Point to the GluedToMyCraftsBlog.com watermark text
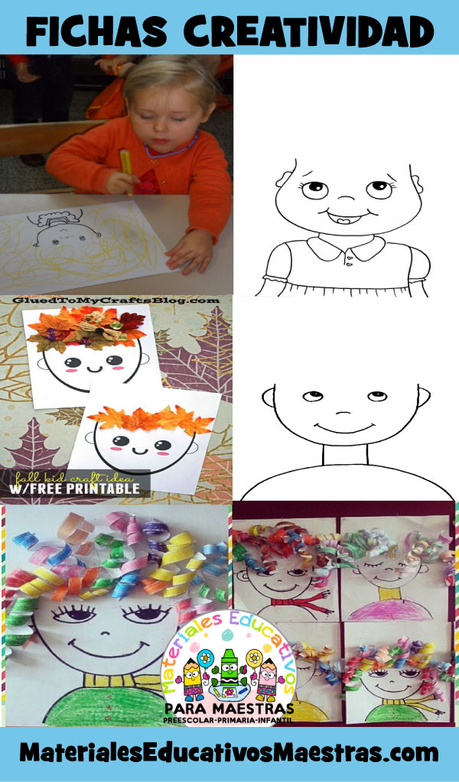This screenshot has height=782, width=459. [116, 300]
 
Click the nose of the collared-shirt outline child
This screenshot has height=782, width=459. [345, 198]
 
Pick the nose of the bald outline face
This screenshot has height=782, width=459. [343, 413]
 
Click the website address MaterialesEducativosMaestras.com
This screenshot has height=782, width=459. [229, 753]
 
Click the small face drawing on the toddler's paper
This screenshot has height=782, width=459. [63, 229]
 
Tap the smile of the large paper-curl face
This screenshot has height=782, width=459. [109, 649]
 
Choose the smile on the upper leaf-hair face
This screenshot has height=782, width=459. [93, 369]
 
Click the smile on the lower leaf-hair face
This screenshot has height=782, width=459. [140, 449]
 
